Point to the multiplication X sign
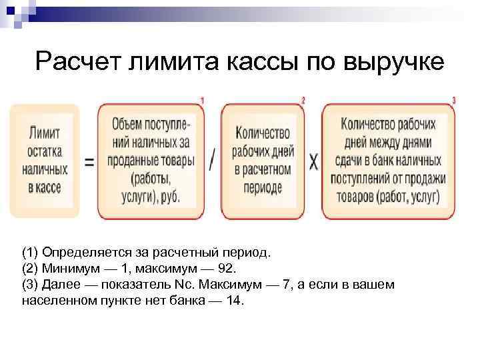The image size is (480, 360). coord(313,161)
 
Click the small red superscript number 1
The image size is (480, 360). coord(202,101)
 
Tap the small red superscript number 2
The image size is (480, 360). coord(303,101)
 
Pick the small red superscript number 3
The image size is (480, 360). coord(454,101)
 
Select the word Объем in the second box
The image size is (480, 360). coord(129,124)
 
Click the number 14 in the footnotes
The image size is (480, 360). coord(235,301)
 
